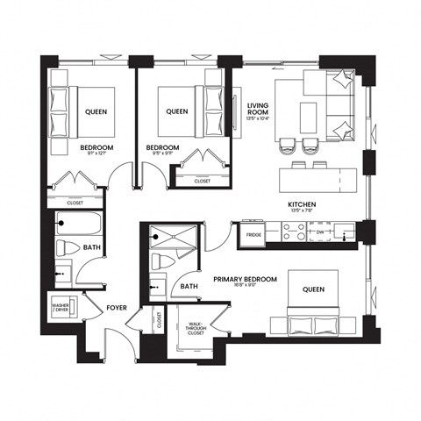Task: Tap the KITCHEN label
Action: (302, 204)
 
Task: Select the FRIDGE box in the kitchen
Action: (253, 235)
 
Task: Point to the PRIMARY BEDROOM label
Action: (246, 279)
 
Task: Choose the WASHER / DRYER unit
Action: (61, 308)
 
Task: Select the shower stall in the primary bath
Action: (163, 237)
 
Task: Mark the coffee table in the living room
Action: (308, 115)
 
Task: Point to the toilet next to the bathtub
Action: (66, 249)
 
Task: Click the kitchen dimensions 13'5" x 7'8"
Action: (302, 212)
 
